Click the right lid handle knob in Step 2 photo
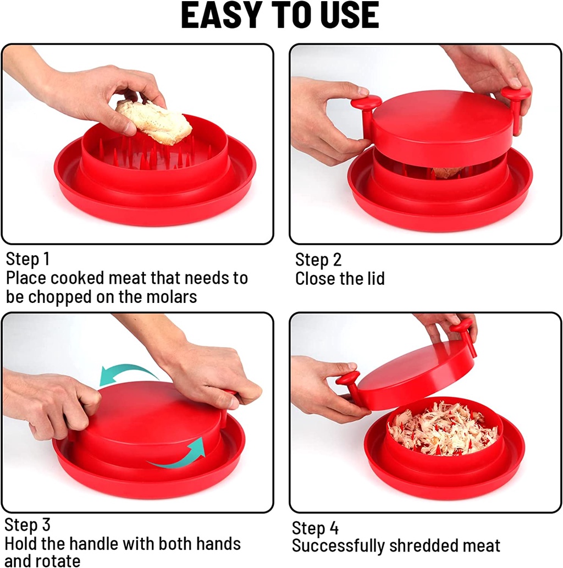pyautogui.click(x=516, y=94)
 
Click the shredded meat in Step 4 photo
pyautogui.click(x=443, y=429)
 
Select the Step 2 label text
pyautogui.click(x=318, y=260)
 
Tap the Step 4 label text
pyautogui.click(x=315, y=528)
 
